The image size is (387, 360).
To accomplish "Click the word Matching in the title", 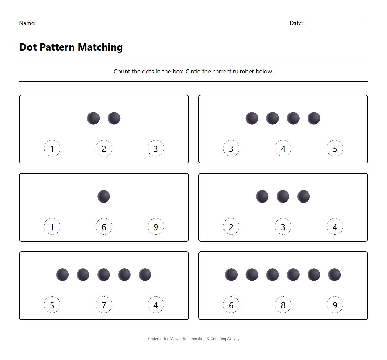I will pos(100,47).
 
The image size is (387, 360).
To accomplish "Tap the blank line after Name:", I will pos(69,23).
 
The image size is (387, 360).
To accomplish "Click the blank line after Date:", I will pos(336,23).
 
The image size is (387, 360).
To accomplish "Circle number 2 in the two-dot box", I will pos(104,149).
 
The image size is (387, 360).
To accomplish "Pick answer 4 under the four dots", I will pos(283,149).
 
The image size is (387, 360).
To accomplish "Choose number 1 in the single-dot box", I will pos(52,227).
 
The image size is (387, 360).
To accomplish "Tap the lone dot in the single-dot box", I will pos(104,197).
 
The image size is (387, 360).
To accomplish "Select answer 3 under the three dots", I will pos(283,227).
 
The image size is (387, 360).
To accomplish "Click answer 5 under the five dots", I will pos(52,305).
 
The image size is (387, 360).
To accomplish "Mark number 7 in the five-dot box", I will pos(104,305).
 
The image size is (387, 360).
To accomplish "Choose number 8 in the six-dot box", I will pos(283,305).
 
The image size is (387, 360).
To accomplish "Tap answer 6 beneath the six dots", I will pos(231,305).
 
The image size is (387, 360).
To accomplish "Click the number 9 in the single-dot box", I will pos(156,227).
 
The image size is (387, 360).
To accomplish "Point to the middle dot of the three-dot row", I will pos(283,197).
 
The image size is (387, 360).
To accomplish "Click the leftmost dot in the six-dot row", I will pos(231,275).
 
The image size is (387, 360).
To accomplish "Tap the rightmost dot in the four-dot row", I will pos(314,118).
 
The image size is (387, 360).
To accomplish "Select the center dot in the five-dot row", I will pos(104,275).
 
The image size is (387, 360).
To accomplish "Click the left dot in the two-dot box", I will pos(93,118).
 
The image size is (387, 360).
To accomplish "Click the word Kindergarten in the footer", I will pos(158,339).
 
